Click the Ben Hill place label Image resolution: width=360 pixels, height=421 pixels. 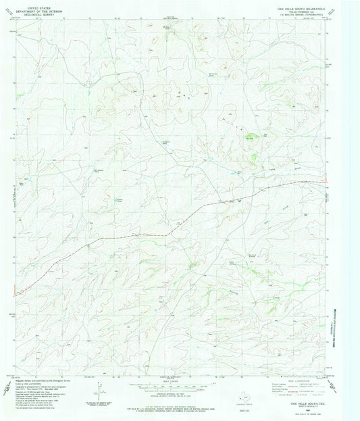[249, 139]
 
